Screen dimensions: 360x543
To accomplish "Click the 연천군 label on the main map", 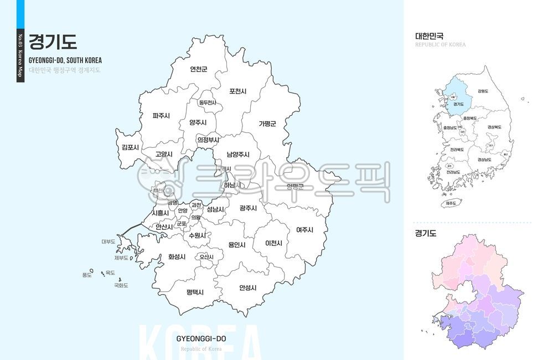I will pyautogui.click(x=198, y=70).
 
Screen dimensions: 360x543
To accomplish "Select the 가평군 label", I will pyautogui.click(x=267, y=124).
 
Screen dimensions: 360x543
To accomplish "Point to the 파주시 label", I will pyautogui.click(x=161, y=116).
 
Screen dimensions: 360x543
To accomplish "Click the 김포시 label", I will pyautogui.click(x=131, y=147).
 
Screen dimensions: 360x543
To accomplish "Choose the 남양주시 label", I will pyautogui.click(x=238, y=155).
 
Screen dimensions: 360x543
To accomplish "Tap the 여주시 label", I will pyautogui.click(x=304, y=230).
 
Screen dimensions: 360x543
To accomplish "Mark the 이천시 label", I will pyautogui.click(x=273, y=243).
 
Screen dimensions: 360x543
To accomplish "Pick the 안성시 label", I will pyautogui.click(x=247, y=287).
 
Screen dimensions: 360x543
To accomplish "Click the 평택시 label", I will pyautogui.click(x=195, y=291).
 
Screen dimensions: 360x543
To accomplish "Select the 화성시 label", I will pyautogui.click(x=177, y=257).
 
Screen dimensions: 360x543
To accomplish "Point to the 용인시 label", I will pyautogui.click(x=237, y=244).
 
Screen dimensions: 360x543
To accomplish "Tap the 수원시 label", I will pyautogui.click(x=197, y=235).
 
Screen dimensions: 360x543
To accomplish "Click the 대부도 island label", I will pyautogui.click(x=108, y=241).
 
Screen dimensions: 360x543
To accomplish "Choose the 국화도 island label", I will pyautogui.click(x=121, y=285).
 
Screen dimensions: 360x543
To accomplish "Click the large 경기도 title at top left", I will pyautogui.click(x=53, y=42).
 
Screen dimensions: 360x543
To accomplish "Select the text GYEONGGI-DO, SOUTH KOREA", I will pyautogui.click(x=65, y=60).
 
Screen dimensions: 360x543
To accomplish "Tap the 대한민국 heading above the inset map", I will pyautogui.click(x=430, y=36).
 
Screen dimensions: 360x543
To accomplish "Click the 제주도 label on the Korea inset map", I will pyautogui.click(x=452, y=203).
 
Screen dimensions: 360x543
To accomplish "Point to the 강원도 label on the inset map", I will pyautogui.click(x=483, y=91).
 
